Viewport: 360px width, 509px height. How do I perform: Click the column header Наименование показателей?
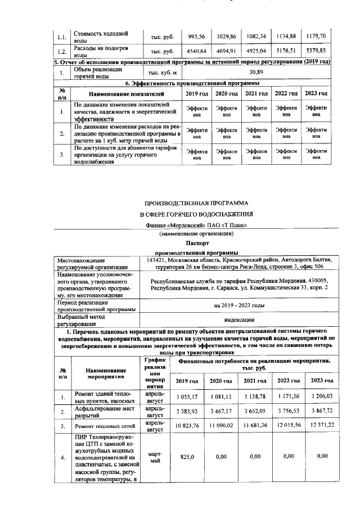126,93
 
